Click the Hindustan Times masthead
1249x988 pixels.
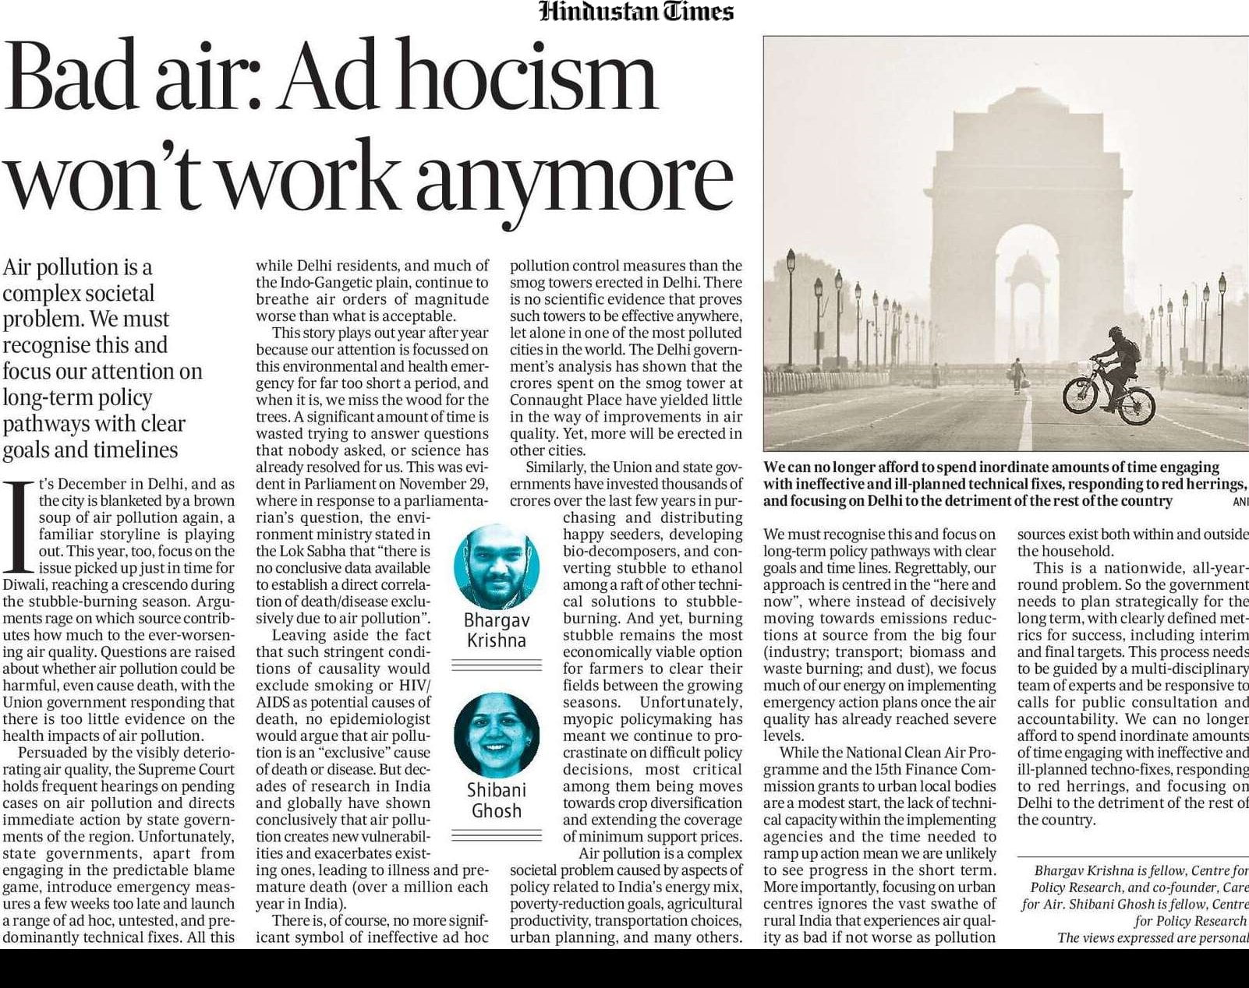pos(636,12)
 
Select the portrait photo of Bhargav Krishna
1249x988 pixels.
pos(497,566)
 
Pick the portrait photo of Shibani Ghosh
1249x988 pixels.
pos(497,733)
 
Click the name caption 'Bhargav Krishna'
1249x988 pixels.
pos(497,630)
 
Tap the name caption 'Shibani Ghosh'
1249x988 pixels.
pos(497,800)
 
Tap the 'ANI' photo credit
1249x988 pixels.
pos(1240,502)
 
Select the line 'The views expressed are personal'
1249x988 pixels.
pos(1152,937)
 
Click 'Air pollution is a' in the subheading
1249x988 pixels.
pos(77,267)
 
